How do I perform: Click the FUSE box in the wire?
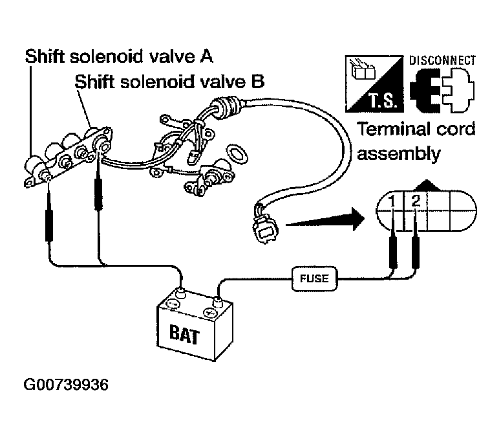point(315,278)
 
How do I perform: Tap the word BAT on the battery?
point(184,334)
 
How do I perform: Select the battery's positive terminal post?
point(218,301)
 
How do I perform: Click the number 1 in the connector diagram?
point(392,201)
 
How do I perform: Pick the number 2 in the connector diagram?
point(416,201)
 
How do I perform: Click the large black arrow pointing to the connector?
point(325,219)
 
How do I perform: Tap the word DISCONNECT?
point(443,60)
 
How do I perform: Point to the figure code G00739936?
point(66,385)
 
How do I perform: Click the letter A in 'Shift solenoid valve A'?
point(206,56)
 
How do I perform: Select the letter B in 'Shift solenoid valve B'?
point(258,82)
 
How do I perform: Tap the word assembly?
point(398,154)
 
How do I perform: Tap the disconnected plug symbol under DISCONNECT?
point(442,90)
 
